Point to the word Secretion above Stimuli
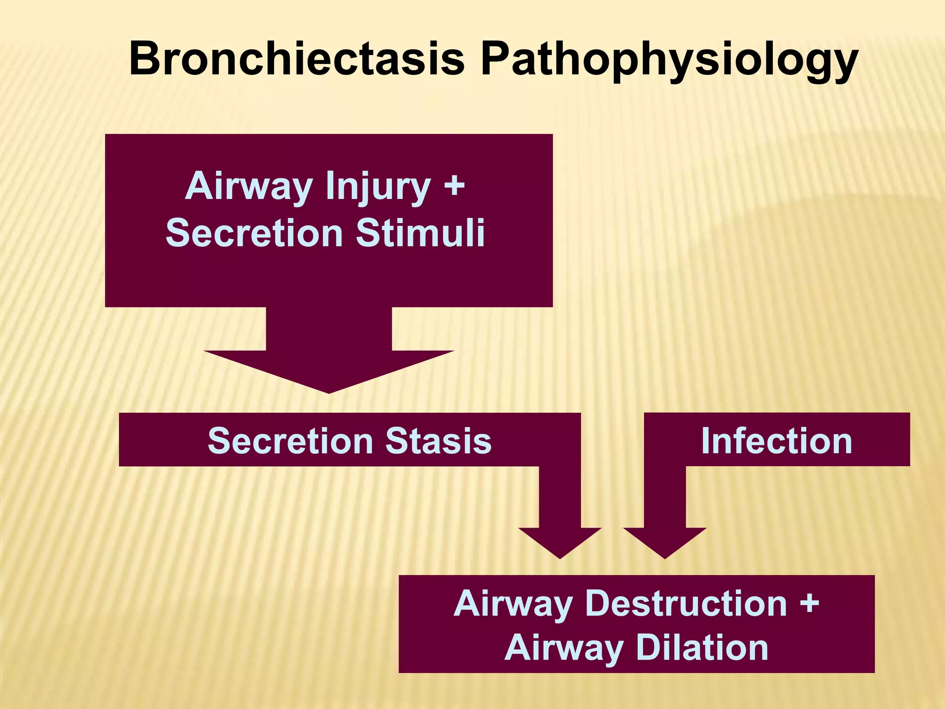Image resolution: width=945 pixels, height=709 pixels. coord(254,233)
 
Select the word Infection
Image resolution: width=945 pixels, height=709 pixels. coord(777,441)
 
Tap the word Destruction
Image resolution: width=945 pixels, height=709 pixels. coord(686,603)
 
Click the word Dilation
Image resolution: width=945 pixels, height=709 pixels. coord(702,648)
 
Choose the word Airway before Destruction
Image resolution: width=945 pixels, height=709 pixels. coord(513,604)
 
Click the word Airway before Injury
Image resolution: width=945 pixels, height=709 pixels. coord(249,186)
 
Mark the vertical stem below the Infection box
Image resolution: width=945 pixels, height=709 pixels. coord(665,496)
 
